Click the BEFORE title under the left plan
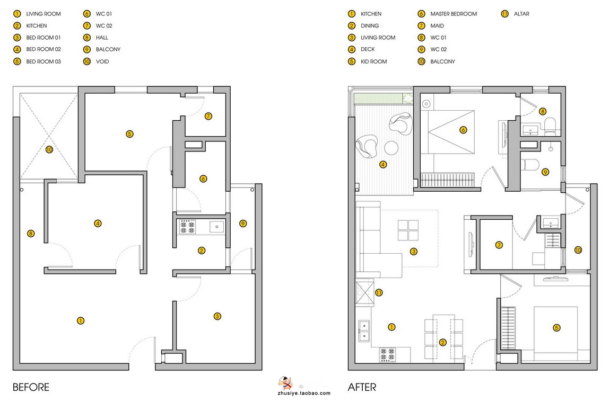[x=31, y=387]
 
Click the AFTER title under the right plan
[x=362, y=387]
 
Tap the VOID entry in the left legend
[x=102, y=61]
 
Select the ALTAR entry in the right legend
[x=521, y=14]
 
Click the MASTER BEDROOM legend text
[x=454, y=14]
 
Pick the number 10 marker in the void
[x=49, y=149]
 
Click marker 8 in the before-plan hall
[x=31, y=234]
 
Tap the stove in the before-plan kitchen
[x=187, y=227]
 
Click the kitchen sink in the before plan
[x=217, y=227]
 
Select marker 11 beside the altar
[x=379, y=292]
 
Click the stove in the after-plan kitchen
[x=387, y=355]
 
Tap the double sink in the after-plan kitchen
[x=364, y=331]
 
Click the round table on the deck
[x=391, y=148]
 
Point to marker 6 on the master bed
[x=463, y=130]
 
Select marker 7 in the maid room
[x=499, y=245]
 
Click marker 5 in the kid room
[x=556, y=328]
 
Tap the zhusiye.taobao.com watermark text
[x=304, y=393]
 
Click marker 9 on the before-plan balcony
[x=243, y=224]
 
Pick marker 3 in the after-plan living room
[x=414, y=252]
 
